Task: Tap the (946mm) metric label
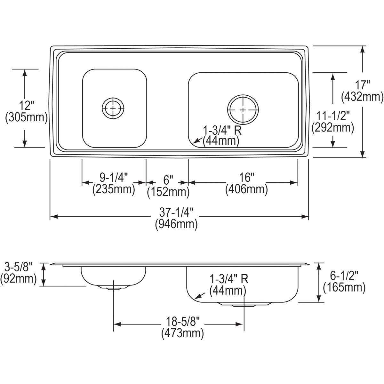point(176,224)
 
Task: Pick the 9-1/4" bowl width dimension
point(114,177)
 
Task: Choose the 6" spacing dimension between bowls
point(168,179)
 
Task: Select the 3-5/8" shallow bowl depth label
point(19,266)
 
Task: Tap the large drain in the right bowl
point(243,110)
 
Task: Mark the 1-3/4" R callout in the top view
point(221,130)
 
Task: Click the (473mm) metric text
point(182,333)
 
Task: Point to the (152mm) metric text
point(168,192)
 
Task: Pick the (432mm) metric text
point(362,97)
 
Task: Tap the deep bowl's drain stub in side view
point(243,305)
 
